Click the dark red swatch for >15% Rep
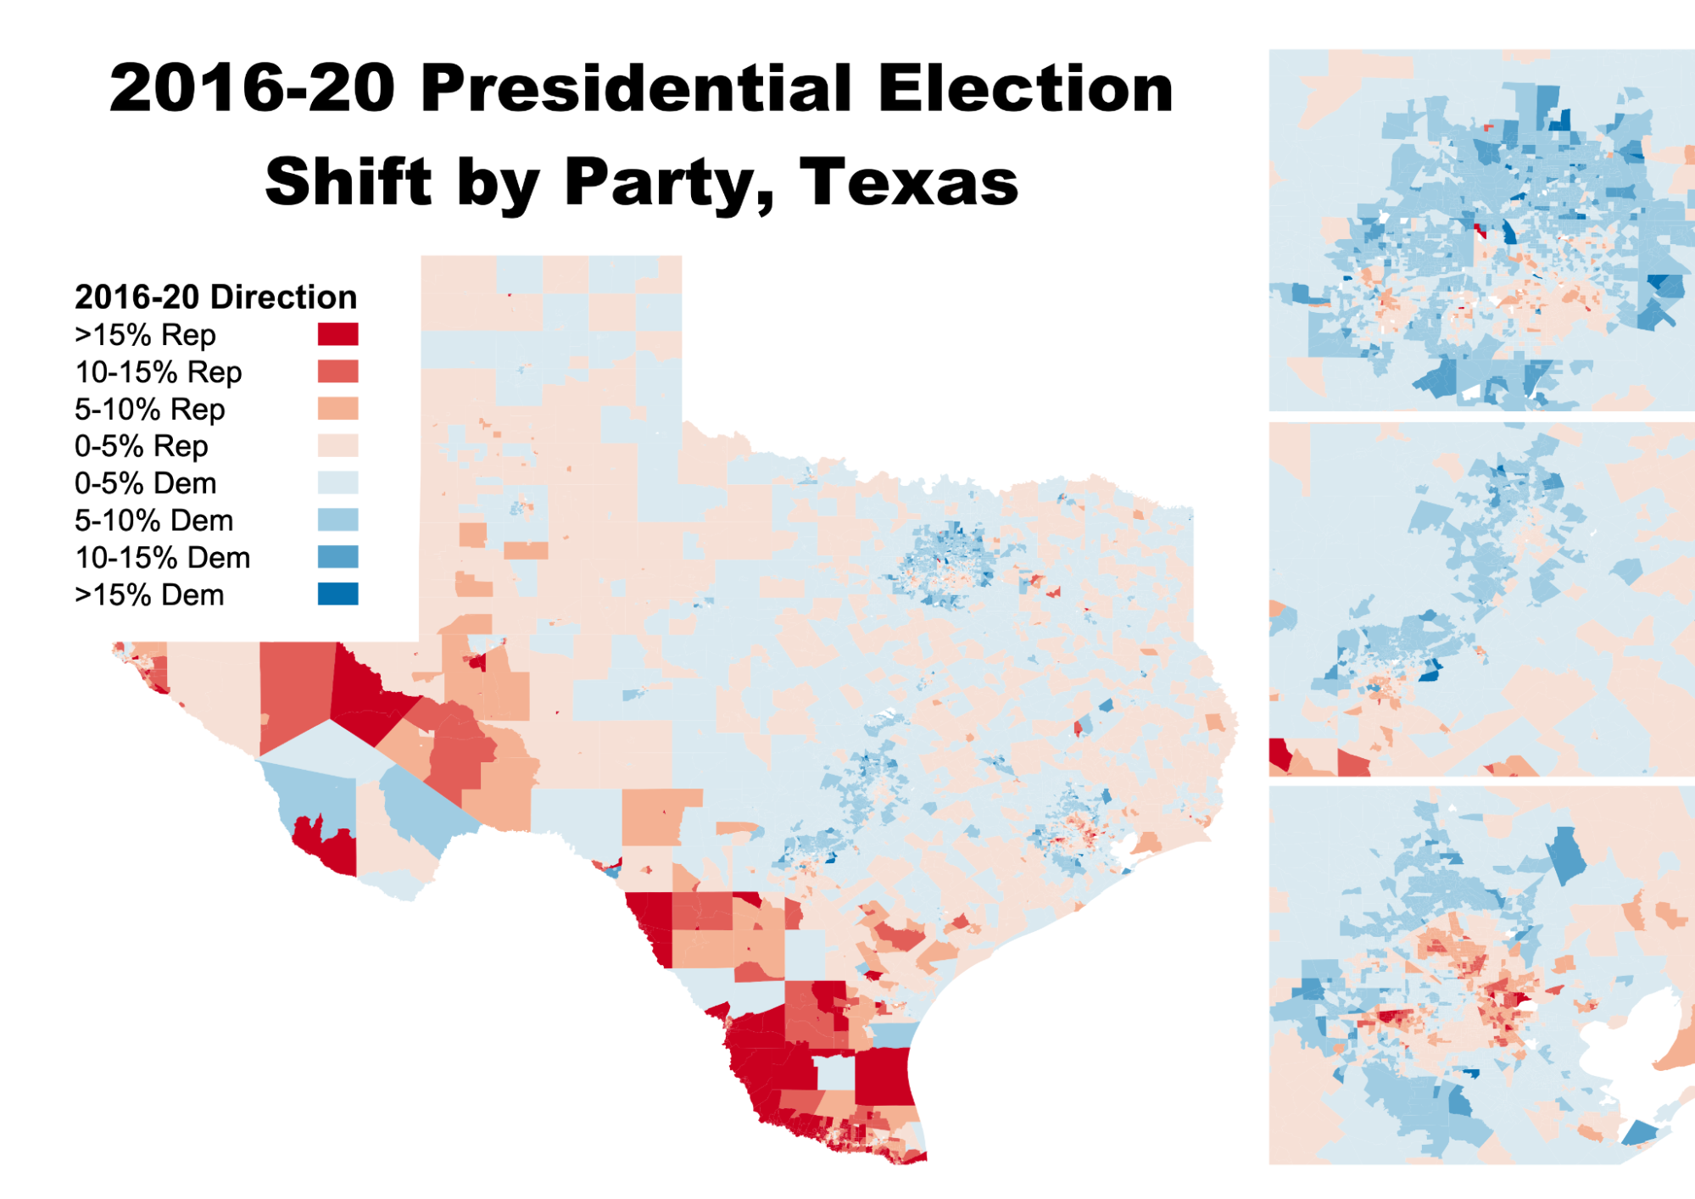337,334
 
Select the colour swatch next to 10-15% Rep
337,371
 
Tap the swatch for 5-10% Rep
337,409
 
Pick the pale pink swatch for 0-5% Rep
337,446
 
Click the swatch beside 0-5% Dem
337,482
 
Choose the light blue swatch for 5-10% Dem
337,520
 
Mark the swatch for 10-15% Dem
337,557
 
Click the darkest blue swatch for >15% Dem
337,594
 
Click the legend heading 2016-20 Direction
215,298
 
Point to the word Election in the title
1025,89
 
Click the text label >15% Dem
149,595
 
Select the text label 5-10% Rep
149,410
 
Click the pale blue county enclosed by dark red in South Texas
834,1072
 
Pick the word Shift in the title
348,182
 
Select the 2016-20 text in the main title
252,89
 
